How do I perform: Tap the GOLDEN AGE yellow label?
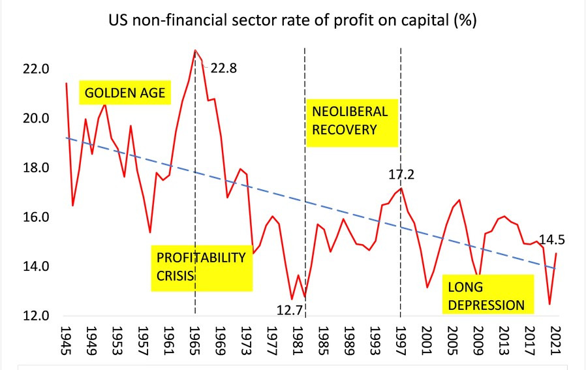click(123, 92)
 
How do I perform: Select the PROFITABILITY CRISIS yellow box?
click(202, 266)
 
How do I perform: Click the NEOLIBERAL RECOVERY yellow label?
click(352, 120)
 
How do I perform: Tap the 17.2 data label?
click(402, 174)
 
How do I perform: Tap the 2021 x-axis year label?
click(555, 339)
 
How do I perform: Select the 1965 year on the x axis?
click(194, 339)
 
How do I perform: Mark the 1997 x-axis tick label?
click(400, 339)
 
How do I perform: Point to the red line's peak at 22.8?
click(195, 50)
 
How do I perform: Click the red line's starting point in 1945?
click(66, 83)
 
